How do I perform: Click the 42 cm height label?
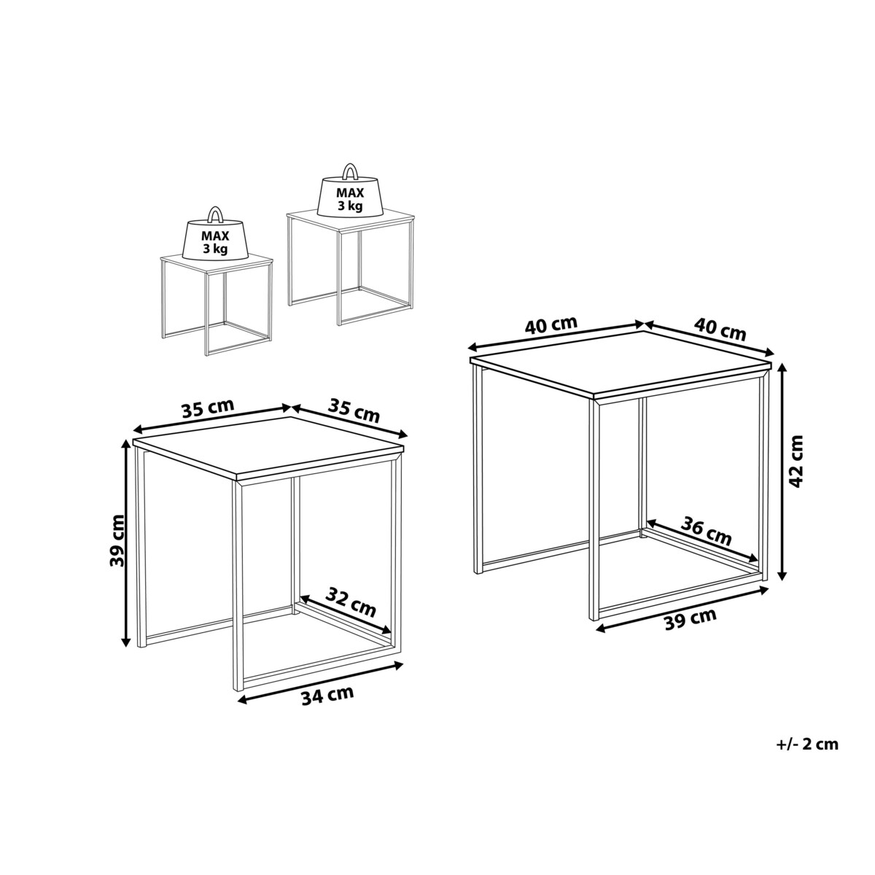point(796,461)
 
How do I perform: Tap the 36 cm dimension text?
point(706,532)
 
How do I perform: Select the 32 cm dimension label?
point(351,602)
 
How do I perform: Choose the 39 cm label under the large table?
point(691,618)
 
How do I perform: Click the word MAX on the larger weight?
point(350,192)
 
